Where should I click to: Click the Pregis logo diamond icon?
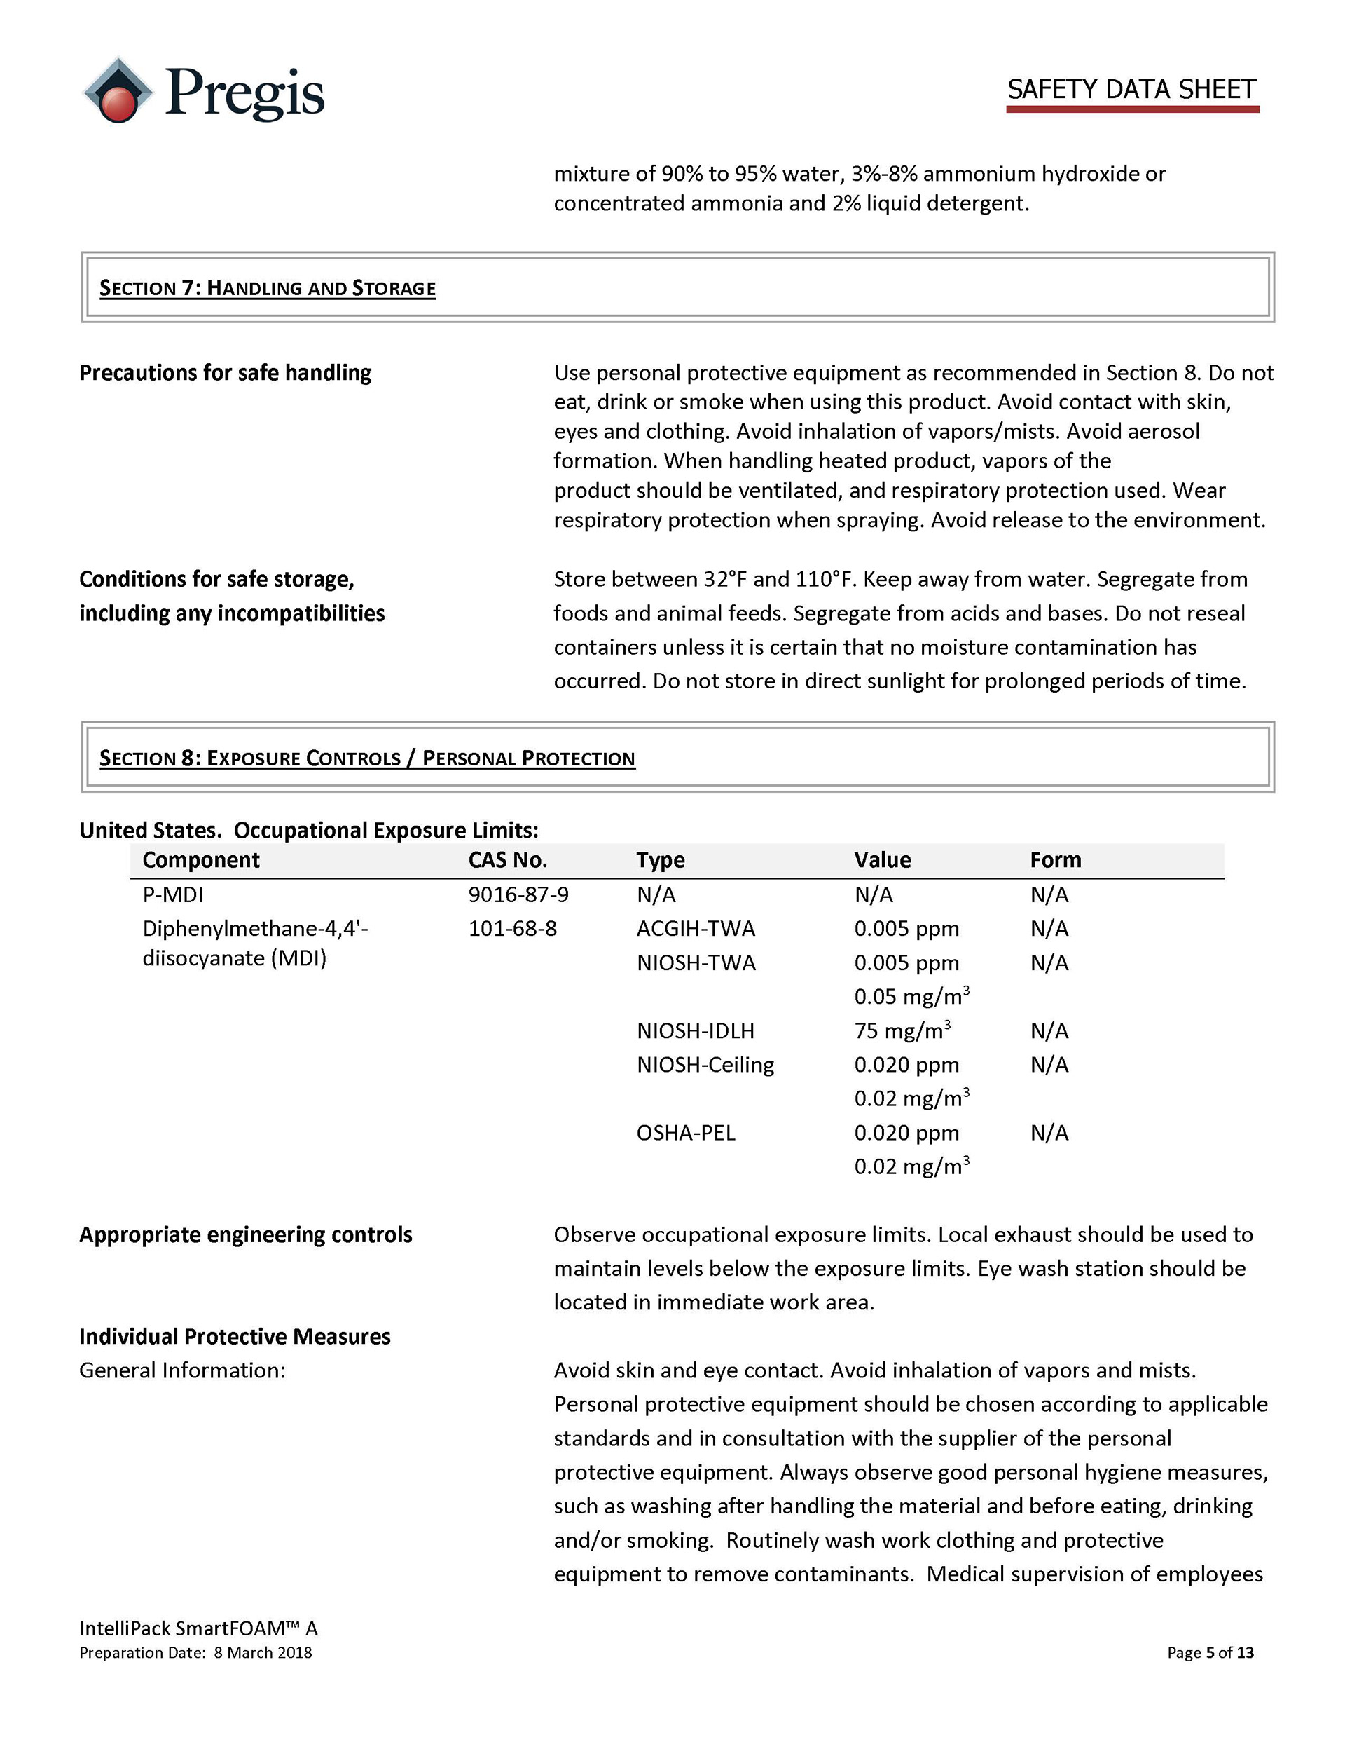point(118,90)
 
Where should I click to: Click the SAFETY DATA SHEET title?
point(1131,89)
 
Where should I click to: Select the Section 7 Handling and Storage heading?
point(267,288)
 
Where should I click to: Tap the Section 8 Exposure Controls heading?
point(367,758)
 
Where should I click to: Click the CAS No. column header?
point(507,860)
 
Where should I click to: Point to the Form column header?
point(1055,860)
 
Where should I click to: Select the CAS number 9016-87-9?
point(518,894)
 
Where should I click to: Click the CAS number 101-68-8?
point(512,928)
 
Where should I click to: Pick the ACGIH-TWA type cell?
point(695,928)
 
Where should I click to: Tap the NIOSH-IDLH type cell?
point(694,1030)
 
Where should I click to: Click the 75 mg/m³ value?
point(902,1030)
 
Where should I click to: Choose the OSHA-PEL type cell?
point(685,1133)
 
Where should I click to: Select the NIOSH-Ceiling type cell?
point(705,1065)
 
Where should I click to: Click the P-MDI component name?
point(173,894)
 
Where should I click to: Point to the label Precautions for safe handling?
point(225,372)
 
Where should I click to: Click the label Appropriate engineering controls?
point(246,1234)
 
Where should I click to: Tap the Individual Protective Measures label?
point(235,1336)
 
